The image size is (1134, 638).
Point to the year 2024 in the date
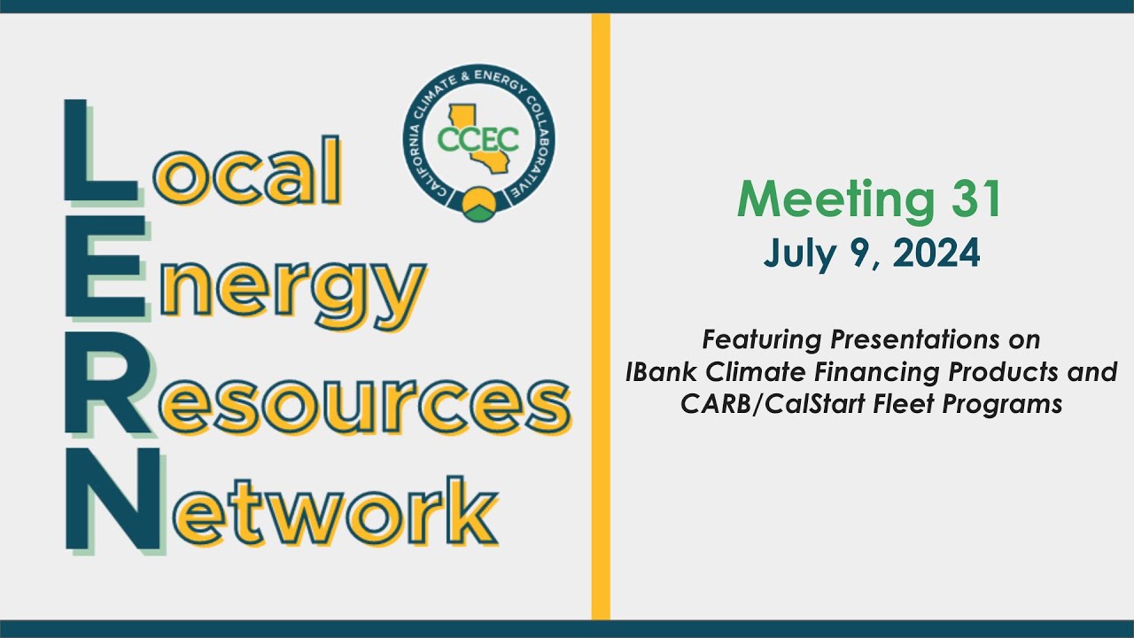click(x=937, y=254)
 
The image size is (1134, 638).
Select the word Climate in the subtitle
click(x=752, y=372)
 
